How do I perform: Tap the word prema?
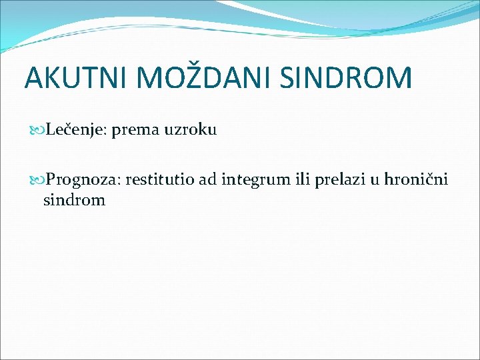[134, 130]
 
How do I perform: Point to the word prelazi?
[331, 179]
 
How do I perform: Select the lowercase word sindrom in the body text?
[74, 199]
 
